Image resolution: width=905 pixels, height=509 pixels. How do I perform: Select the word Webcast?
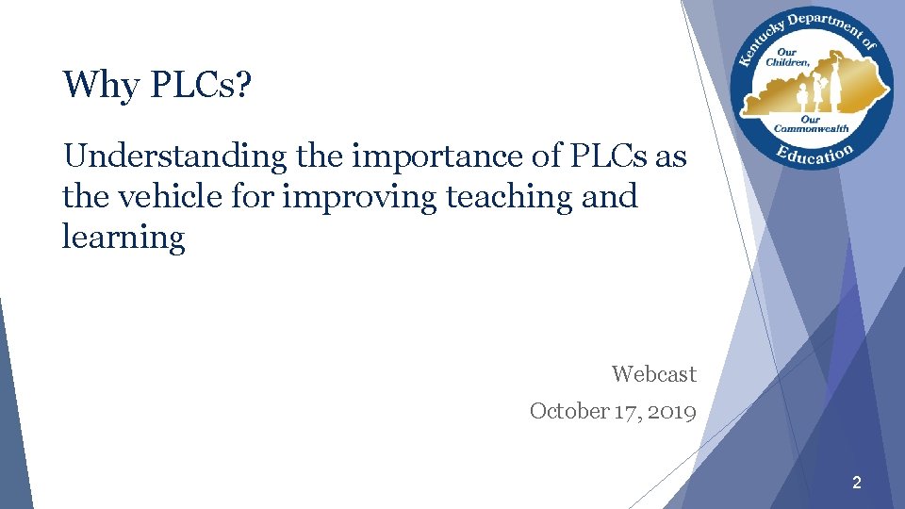coord(653,374)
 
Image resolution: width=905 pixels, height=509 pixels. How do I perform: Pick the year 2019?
coord(672,411)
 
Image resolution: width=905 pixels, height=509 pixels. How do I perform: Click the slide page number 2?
coord(856,484)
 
